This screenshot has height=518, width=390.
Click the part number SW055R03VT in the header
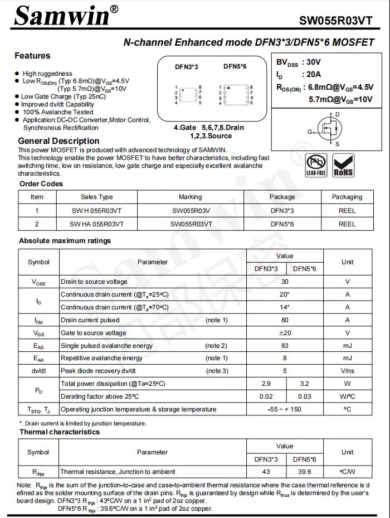coord(335,21)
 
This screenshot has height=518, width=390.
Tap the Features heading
coord(32,56)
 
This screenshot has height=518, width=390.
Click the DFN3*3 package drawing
coord(188,95)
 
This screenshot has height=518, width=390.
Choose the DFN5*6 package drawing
coord(235,95)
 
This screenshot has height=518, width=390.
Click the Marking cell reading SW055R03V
coord(191,211)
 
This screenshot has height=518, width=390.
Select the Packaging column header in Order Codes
coord(347,197)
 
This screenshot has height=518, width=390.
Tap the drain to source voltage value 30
coord(285,282)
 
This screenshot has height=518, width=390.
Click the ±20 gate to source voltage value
coord(285,333)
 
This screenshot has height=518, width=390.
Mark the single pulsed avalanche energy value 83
coord(285,346)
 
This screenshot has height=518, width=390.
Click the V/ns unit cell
coord(347,371)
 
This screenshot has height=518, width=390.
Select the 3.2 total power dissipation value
coord(304,384)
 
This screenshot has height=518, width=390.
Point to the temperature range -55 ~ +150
coord(285,409)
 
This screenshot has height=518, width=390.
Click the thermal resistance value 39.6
coord(304,472)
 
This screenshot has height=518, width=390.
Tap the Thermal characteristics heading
coord(60,432)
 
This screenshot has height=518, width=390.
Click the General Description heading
coord(58,141)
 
